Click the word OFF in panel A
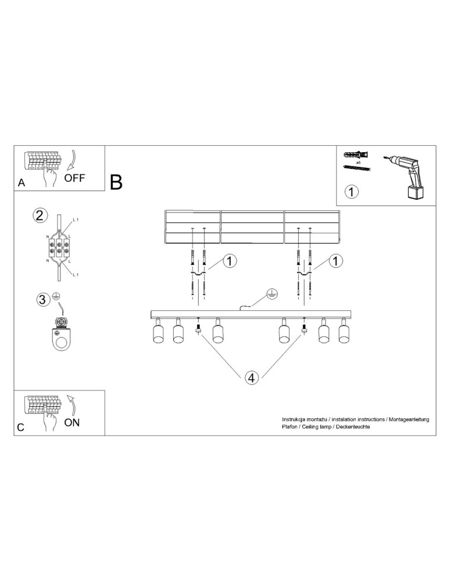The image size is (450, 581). pos(74,178)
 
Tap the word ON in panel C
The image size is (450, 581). pos(72,422)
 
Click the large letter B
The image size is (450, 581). pos(116,182)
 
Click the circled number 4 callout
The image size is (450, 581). pos(251,378)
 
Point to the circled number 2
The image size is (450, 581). pos(40,216)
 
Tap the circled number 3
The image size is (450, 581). pos(42,299)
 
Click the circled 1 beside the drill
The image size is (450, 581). pos(351,192)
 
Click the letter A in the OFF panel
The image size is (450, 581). pos(22,182)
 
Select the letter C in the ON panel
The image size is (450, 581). pos(21,427)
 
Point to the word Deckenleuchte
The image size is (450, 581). pos(353,427)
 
